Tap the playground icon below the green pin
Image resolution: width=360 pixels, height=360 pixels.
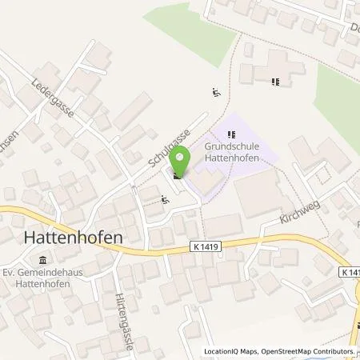pyautogui.click(x=165, y=200)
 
